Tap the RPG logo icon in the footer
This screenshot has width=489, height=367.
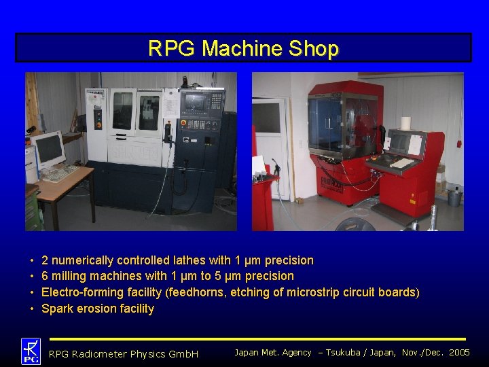[31, 351]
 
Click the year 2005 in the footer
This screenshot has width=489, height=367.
[459, 352]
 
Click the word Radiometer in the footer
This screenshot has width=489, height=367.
[100, 354]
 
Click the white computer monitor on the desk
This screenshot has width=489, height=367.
[48, 149]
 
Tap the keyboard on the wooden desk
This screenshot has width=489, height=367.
[60, 173]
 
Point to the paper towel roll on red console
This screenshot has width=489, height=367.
[406, 123]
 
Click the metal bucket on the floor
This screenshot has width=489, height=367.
[454, 197]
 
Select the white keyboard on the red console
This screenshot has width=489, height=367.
[401, 163]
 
